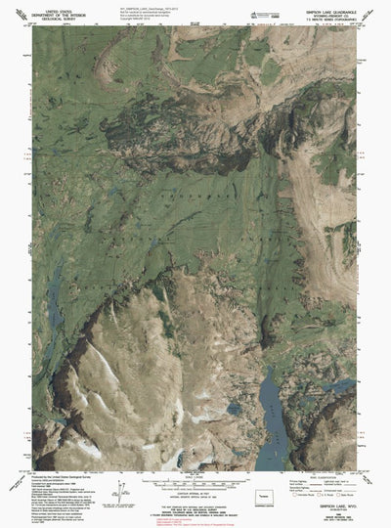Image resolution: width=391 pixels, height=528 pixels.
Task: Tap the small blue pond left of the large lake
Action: pyautogui.click(x=234, y=407)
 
